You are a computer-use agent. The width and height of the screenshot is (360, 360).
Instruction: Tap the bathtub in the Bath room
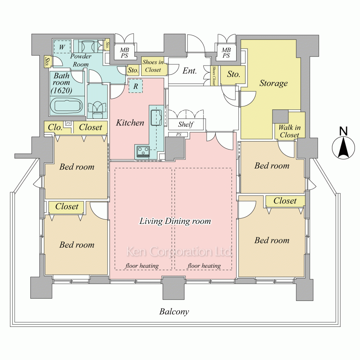coord(66,106)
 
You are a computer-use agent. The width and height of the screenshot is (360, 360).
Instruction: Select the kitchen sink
coord(156,118)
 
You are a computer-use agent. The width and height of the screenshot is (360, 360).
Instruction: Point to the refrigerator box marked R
coord(135,86)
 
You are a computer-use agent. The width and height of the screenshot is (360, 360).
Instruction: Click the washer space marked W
coord(62,47)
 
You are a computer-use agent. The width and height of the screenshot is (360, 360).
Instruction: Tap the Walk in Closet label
coord(289,131)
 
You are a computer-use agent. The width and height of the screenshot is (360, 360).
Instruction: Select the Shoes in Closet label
coord(153,66)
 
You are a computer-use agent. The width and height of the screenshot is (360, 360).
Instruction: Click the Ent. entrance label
coord(189,71)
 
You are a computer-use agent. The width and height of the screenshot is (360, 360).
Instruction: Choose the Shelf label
coord(186,125)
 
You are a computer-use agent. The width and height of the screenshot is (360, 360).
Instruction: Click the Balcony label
coord(174,311)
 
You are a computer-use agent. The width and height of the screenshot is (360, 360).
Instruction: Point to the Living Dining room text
coord(175,221)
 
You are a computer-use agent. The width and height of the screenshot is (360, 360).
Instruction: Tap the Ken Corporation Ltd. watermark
coord(179,252)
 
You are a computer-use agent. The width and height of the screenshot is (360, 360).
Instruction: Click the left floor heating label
coord(142,266)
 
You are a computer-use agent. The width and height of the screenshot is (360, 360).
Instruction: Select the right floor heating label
coord(204,266)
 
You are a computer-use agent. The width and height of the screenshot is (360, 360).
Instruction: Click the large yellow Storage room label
coord(274,83)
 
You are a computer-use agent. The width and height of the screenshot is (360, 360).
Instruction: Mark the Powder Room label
coord(81,60)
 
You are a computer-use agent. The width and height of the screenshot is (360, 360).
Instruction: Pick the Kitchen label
coord(130,123)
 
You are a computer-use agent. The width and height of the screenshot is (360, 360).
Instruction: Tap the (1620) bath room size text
coord(62,90)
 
